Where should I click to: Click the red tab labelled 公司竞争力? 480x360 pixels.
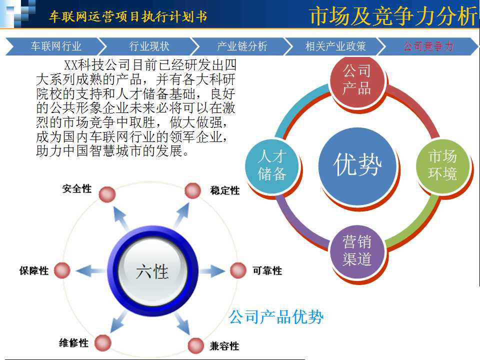pyautogui.click(x=428, y=46)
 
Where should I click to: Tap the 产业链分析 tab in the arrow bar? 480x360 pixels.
pyautogui.click(x=242, y=46)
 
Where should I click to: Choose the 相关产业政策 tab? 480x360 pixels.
pyautogui.click(x=335, y=46)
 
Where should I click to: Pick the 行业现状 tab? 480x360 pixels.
pyautogui.click(x=149, y=46)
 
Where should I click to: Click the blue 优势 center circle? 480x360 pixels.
pyautogui.click(x=357, y=165)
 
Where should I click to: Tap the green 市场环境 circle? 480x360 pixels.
pyautogui.click(x=442, y=165)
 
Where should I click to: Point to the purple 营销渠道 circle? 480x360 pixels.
pyautogui.click(x=357, y=251)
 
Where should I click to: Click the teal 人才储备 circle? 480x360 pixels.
pyautogui.click(x=272, y=165)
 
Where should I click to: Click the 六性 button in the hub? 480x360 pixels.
pyautogui.click(x=152, y=271)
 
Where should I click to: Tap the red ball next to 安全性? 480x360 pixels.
pyautogui.click(x=107, y=194)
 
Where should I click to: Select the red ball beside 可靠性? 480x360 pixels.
pyautogui.click(x=238, y=270)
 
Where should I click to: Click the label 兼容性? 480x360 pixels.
pyautogui.click(x=224, y=346)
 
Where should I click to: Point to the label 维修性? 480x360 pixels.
pyautogui.click(x=73, y=342)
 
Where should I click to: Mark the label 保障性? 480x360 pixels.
pyautogui.click(x=34, y=270)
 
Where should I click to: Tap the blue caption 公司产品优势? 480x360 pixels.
pyautogui.click(x=276, y=317)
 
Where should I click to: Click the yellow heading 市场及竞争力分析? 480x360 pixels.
pyautogui.click(x=393, y=15)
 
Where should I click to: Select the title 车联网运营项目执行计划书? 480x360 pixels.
pyautogui.click(x=128, y=16)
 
